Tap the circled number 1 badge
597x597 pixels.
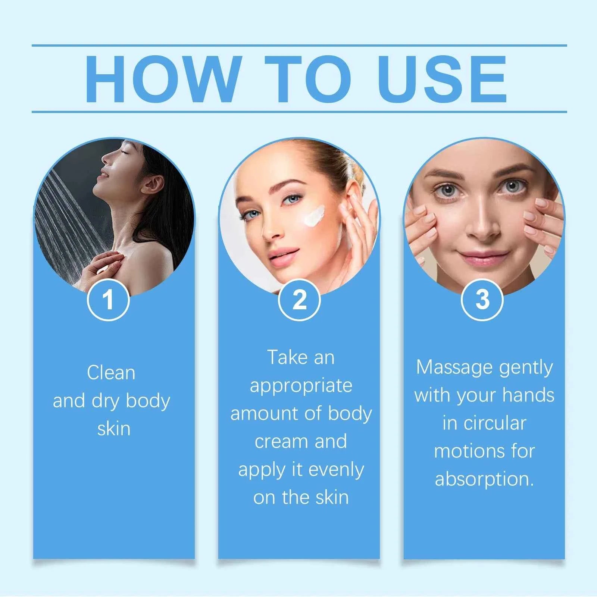(x=108, y=300)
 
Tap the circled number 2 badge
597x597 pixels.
(x=299, y=300)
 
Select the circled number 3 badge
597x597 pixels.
(x=482, y=300)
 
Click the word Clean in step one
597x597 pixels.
(x=111, y=372)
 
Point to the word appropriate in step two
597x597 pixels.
(x=301, y=385)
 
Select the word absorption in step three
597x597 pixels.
(x=484, y=479)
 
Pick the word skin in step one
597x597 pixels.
(x=114, y=428)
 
